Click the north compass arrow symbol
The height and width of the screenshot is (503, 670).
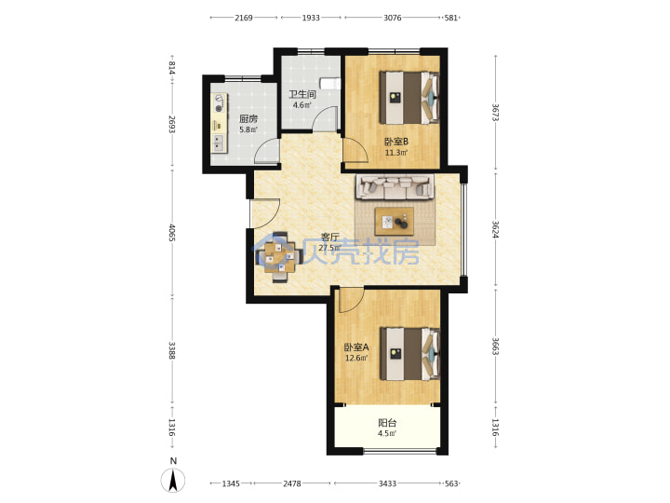(x=173, y=480)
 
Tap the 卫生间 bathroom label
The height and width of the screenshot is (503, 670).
(x=302, y=94)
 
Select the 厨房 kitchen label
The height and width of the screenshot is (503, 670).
(x=248, y=119)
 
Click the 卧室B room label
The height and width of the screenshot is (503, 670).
(x=396, y=142)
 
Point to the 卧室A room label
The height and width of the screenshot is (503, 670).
(x=356, y=347)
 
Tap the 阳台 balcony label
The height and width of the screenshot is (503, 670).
(x=387, y=423)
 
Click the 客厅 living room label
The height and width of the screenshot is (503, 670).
(x=329, y=237)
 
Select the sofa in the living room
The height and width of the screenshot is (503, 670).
(x=395, y=186)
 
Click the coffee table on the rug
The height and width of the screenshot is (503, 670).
(x=395, y=222)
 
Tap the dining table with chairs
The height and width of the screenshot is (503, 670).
(x=277, y=257)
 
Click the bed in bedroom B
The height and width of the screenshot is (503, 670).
(x=409, y=98)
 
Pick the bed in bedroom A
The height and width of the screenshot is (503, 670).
(x=409, y=354)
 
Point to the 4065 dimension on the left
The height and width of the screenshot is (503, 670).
(x=172, y=233)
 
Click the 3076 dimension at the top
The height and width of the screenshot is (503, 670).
(x=393, y=18)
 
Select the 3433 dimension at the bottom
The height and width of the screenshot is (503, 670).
(x=387, y=483)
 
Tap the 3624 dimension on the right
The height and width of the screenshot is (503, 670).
(x=495, y=229)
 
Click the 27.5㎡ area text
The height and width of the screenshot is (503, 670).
(x=329, y=248)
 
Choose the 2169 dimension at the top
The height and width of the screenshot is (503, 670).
(x=244, y=18)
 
